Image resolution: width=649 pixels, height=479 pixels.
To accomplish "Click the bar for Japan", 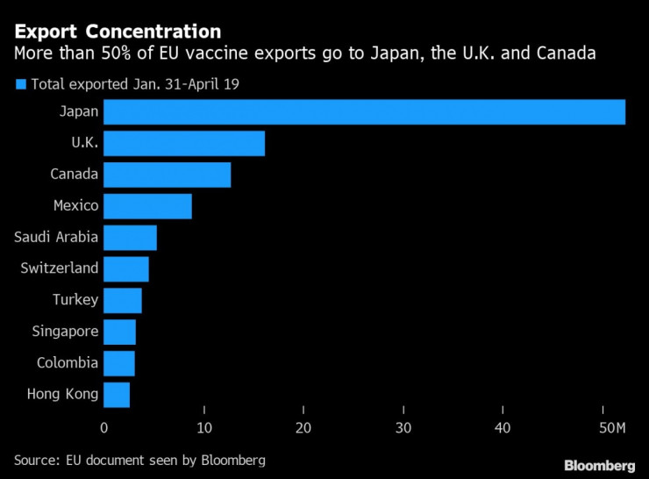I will tap(364, 112).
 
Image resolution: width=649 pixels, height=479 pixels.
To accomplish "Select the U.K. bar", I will tap(184, 144).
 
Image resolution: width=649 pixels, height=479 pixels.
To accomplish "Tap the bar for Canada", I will tap(167, 175).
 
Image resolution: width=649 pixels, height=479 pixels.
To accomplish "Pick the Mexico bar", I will tap(147, 206).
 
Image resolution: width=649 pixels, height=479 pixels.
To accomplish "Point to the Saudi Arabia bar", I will tap(130, 238).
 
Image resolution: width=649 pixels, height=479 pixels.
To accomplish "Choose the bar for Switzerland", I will tap(126, 268).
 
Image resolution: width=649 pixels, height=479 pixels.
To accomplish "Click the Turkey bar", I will tap(123, 300).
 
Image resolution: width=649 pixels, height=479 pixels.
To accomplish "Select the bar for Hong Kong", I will tap(117, 395).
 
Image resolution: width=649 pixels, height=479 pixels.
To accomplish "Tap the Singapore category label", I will tap(65, 332).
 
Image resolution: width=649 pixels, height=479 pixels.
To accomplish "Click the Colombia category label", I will tap(68, 363).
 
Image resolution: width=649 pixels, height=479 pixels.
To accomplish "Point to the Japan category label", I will tap(78, 112).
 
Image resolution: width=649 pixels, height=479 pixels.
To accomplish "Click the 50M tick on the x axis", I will tap(610, 428).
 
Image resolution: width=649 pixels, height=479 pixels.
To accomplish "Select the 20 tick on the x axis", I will tap(303, 428).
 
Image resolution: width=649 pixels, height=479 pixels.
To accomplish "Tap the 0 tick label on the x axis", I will tap(103, 428).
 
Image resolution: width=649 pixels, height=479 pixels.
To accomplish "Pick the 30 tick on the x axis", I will tap(403, 428).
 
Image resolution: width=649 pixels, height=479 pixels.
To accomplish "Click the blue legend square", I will tap(21, 84).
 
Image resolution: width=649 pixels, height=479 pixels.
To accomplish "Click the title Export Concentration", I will tap(117, 32).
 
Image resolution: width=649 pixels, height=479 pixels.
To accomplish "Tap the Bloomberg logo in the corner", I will tap(599, 464).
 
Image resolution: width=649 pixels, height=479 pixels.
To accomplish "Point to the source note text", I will tap(139, 460).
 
